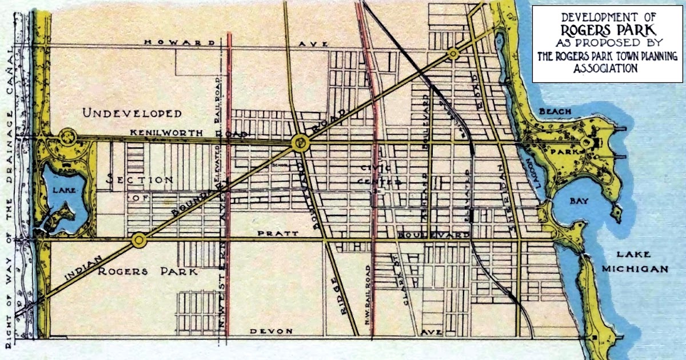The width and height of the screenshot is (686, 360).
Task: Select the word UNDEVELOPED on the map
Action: tap(132, 113)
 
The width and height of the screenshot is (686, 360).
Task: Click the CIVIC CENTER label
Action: tap(382, 175)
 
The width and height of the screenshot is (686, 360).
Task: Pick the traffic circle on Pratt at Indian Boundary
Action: tap(138, 241)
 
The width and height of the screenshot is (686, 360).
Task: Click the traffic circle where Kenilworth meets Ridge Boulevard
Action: tap(299, 143)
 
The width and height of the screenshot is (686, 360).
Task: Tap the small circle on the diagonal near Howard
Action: tap(453, 54)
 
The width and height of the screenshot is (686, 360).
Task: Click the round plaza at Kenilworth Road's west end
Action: tap(67, 137)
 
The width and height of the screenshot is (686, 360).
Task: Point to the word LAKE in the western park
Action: tap(66, 189)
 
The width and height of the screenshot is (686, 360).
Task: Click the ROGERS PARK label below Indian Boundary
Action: tap(147, 271)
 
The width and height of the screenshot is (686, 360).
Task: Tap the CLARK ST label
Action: tap(408, 283)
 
